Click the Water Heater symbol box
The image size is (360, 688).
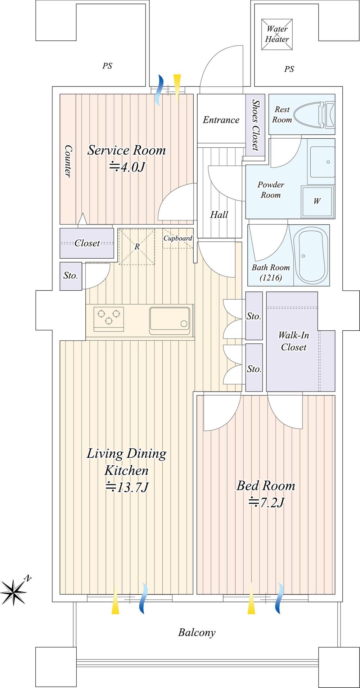pos(277,34)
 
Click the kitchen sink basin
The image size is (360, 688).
pos(170,318)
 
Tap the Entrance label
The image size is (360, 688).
pos(221,120)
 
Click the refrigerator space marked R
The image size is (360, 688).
pos(137,247)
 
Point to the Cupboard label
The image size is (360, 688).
pos(178,238)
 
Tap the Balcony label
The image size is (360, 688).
pos(197,632)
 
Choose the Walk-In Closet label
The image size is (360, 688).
pos(294,341)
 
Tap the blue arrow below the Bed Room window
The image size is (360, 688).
pos(279,598)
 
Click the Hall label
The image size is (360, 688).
pos(219,215)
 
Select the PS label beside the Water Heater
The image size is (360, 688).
pos(289,69)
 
